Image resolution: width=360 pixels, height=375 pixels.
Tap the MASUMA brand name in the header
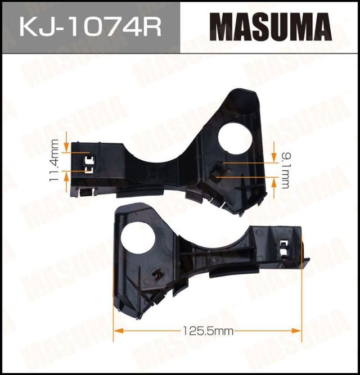[271, 26]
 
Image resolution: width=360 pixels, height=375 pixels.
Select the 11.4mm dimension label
[55, 160]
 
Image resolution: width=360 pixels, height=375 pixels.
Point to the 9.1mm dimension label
[285, 168]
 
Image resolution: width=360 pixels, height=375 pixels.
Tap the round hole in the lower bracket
[137, 238]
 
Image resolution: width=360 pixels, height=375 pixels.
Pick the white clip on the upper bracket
[88, 166]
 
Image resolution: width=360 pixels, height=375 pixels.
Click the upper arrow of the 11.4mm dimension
[67, 148]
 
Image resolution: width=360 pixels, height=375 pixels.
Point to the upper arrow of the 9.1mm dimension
[274, 157]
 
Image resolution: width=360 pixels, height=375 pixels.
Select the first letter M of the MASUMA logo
[221, 26]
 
